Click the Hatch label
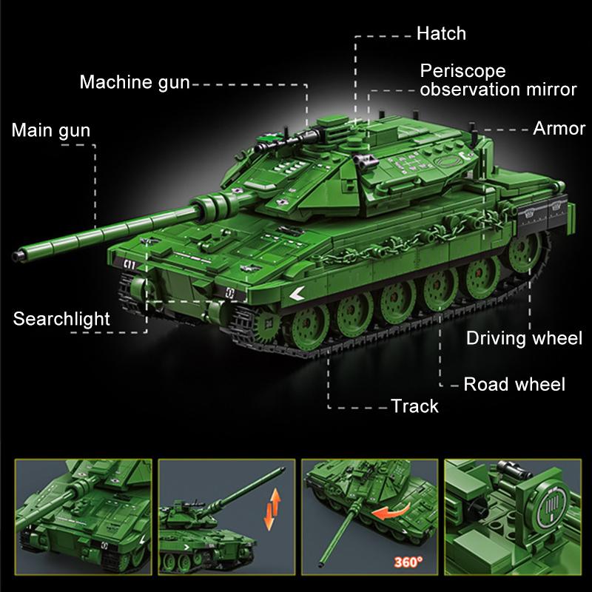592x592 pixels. (441, 34)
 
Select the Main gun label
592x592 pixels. (50, 132)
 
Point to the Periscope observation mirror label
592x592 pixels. (497, 81)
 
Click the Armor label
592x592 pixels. (559, 129)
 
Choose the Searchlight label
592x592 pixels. (61, 320)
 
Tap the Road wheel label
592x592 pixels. (514, 384)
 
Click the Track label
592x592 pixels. (414, 406)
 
